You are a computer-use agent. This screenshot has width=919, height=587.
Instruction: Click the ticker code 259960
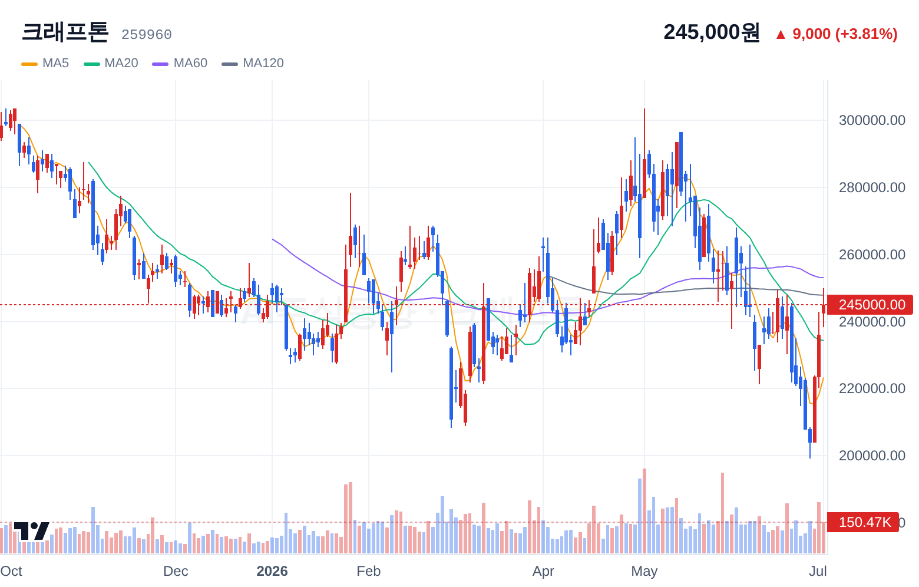click(x=147, y=35)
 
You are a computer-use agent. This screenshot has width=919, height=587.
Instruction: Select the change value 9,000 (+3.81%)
click(x=845, y=34)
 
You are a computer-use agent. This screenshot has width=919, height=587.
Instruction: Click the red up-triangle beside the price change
click(x=781, y=35)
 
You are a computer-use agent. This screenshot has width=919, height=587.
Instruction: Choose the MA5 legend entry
click(x=45, y=63)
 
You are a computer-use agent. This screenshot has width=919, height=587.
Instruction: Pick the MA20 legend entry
click(x=111, y=63)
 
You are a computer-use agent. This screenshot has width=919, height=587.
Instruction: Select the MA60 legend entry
click(x=180, y=63)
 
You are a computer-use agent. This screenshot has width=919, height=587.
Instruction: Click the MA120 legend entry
click(x=253, y=63)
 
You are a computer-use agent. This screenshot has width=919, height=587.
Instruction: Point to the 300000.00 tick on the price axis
click(x=872, y=120)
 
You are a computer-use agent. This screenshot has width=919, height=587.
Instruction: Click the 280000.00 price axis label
click(x=872, y=187)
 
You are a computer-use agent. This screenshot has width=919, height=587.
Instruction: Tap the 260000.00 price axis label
click(x=872, y=255)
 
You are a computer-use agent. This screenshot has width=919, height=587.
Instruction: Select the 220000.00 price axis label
click(x=872, y=388)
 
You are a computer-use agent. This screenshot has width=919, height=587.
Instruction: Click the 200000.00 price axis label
click(x=872, y=455)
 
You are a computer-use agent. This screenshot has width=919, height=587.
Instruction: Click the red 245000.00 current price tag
click(x=870, y=305)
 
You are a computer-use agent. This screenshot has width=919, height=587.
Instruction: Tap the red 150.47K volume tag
click(x=863, y=522)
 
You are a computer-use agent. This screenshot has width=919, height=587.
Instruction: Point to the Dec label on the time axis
click(x=176, y=571)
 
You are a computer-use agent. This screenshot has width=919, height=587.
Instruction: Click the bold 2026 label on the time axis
click(x=272, y=571)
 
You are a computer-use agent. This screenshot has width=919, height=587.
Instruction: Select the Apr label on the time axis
click(x=543, y=571)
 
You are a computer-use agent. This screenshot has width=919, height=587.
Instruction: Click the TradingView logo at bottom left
click(x=32, y=531)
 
